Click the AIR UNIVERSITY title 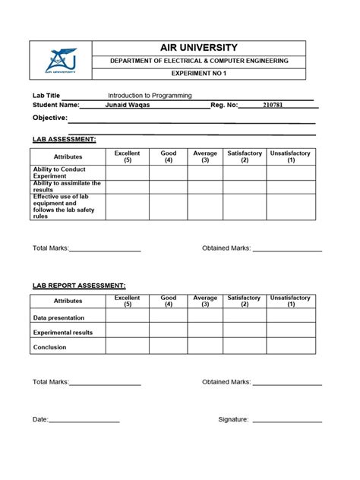200,47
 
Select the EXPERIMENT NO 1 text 200,74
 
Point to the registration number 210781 273,105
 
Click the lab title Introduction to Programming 150,96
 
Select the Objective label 49,118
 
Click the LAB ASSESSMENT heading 64,140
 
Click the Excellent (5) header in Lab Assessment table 127,157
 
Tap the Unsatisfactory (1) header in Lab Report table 290,302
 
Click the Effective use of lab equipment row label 64,207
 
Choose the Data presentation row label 58,317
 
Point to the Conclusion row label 49,347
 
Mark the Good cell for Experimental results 168,332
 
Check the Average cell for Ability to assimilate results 204,187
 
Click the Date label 40,419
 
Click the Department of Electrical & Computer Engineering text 200,61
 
